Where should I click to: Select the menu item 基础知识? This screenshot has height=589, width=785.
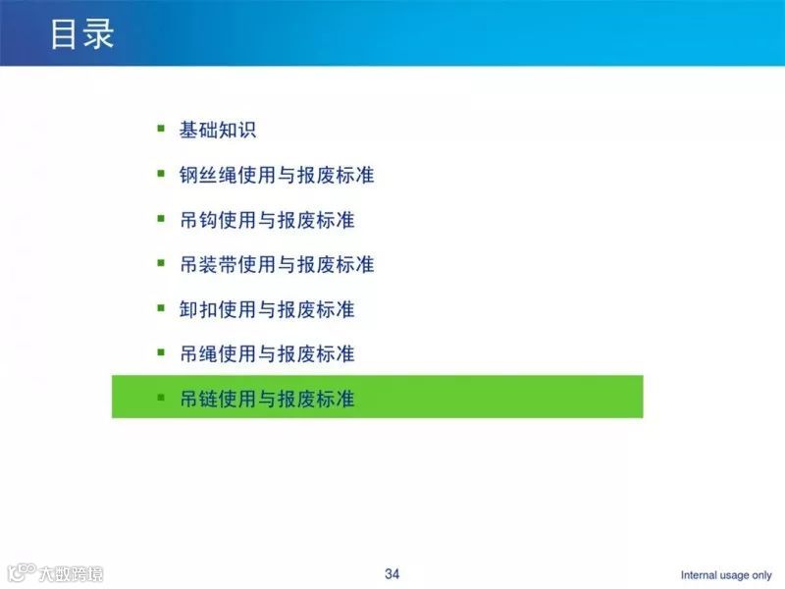(x=218, y=131)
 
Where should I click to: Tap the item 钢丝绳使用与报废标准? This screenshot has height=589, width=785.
(x=277, y=176)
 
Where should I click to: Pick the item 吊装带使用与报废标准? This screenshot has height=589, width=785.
(x=277, y=265)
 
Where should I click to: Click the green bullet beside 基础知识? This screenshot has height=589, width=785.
(x=160, y=128)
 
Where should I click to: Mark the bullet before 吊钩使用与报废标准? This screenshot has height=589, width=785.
(x=160, y=218)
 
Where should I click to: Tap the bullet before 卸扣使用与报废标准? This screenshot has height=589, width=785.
(x=160, y=307)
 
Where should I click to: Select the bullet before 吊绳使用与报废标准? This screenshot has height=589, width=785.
(x=160, y=351)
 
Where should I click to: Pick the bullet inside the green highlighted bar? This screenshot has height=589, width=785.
(x=160, y=397)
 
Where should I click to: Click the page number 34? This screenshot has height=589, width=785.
(x=392, y=573)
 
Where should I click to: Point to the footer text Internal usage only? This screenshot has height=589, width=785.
(x=726, y=575)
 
